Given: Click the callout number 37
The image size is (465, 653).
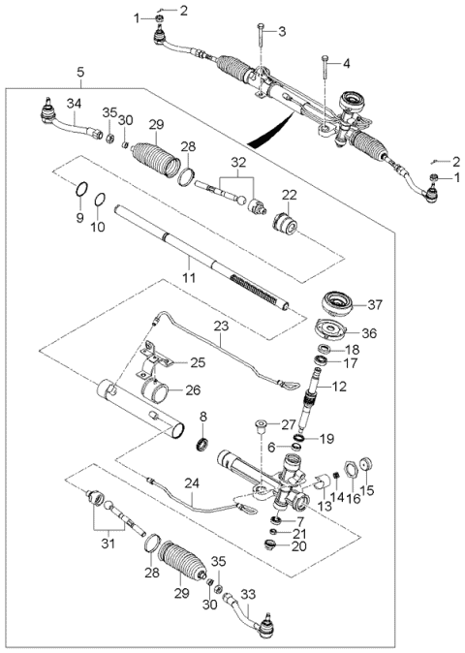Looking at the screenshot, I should coord(375,304).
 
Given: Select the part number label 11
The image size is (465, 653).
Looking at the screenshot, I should coord(189,277).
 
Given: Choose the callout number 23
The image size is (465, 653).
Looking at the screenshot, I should coord(222,327).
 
